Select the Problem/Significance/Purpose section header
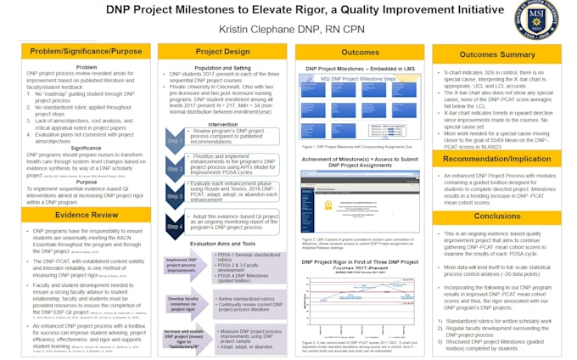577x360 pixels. click(x=86, y=53)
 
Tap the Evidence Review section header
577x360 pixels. click(x=86, y=216)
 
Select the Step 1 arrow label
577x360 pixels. click(x=173, y=141)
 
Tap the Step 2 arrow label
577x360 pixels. click(x=173, y=169)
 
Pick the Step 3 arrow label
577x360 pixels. click(x=173, y=197)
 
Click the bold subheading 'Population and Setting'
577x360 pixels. click(x=222, y=67)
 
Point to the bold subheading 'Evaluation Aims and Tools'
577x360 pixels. click(x=222, y=244)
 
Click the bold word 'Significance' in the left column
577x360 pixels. click(x=86, y=147)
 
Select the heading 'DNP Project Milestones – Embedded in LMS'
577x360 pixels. click(x=360, y=67)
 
